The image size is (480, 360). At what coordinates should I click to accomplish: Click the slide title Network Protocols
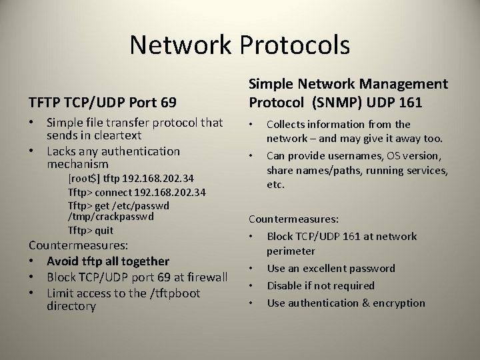(239, 45)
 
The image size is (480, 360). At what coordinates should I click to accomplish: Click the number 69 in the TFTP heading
(169, 103)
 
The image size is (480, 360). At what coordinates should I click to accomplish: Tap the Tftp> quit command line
(91, 231)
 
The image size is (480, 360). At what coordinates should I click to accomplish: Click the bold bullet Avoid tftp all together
(108, 261)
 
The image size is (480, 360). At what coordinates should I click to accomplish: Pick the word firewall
(205, 277)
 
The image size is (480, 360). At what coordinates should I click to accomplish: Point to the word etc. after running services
(276, 184)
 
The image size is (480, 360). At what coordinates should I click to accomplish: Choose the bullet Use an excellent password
(331, 268)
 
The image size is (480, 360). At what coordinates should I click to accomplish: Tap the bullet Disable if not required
(321, 285)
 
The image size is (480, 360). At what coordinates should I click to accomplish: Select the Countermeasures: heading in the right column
(293, 219)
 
